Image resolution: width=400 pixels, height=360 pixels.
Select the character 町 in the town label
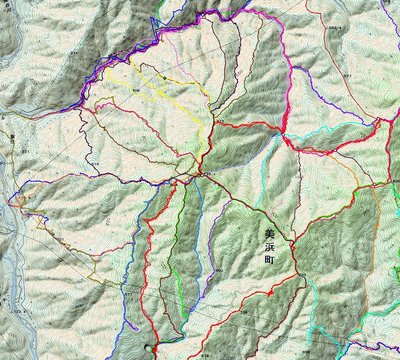pyautogui.click(x=268, y=256)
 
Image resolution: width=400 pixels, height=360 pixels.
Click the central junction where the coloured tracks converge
pyautogui.click(x=199, y=173)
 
